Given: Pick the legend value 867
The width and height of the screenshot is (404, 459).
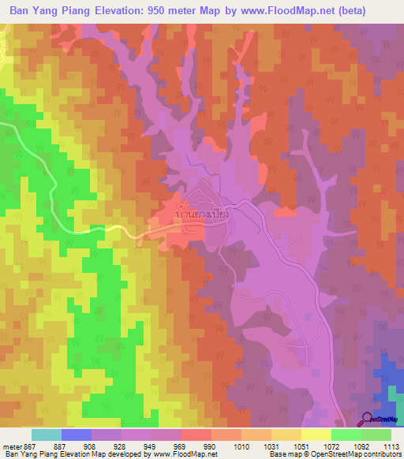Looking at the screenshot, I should [x=31, y=446].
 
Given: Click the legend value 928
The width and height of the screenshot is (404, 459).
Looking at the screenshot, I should [x=121, y=446].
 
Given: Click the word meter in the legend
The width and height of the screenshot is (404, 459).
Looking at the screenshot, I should [x=10, y=446].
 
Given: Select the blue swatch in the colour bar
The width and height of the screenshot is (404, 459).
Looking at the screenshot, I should [x=77, y=435].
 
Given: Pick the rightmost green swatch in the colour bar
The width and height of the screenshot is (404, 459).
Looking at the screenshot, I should [x=376, y=435].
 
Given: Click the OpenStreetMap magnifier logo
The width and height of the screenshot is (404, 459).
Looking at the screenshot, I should [x=368, y=418].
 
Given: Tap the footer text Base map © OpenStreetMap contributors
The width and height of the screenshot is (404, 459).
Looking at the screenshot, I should [x=334, y=455].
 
